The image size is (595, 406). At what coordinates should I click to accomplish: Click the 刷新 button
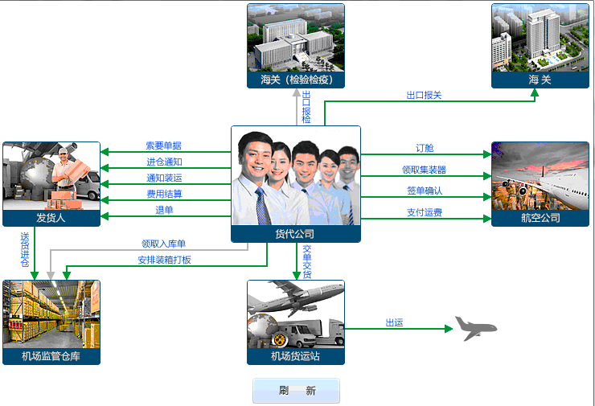(x=296, y=391)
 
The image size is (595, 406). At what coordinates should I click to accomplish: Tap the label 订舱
(x=425, y=148)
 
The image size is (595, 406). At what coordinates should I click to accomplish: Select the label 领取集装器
(x=424, y=170)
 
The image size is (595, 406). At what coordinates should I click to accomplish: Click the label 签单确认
(x=425, y=191)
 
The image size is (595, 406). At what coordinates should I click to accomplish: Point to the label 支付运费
(x=425, y=212)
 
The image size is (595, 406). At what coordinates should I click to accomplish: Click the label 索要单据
(x=163, y=146)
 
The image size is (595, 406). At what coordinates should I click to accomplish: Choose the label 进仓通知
(x=164, y=162)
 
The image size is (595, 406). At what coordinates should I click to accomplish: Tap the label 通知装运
(x=164, y=178)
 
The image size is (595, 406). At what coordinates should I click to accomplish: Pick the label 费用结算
(x=164, y=195)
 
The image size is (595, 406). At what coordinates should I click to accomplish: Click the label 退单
(x=164, y=210)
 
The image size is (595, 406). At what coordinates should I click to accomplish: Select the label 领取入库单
(x=163, y=244)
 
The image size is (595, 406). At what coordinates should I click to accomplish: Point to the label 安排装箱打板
(x=164, y=260)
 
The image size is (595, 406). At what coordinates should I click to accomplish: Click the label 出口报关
(x=424, y=95)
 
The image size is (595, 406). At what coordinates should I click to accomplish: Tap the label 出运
(x=394, y=323)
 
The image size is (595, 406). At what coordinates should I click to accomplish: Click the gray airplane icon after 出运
(x=475, y=329)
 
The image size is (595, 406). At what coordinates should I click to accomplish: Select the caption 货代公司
(x=295, y=234)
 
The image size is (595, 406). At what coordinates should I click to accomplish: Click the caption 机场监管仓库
(x=51, y=356)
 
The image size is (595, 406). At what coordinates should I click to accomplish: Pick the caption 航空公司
(x=540, y=218)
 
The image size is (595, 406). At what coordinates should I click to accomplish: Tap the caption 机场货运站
(x=295, y=356)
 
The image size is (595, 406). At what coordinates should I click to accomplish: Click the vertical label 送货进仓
(x=25, y=250)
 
